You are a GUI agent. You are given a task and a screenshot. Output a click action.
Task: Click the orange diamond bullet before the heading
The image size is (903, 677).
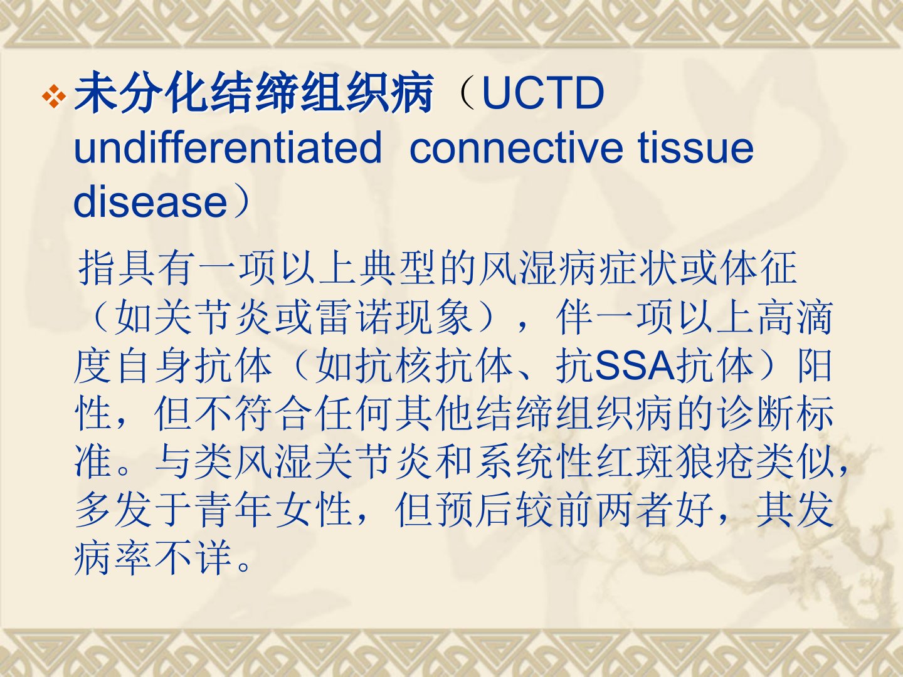pyautogui.click(x=54, y=97)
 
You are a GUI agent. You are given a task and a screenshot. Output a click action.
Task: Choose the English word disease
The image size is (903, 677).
pyautogui.click(x=150, y=201)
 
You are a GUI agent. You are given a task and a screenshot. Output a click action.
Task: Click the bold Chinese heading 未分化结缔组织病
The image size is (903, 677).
pyautogui.click(x=254, y=92)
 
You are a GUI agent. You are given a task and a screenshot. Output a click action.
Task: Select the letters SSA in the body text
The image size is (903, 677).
pyautogui.click(x=635, y=365)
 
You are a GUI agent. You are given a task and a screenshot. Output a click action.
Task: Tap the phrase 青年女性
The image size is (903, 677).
pyautogui.click(x=273, y=510)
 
